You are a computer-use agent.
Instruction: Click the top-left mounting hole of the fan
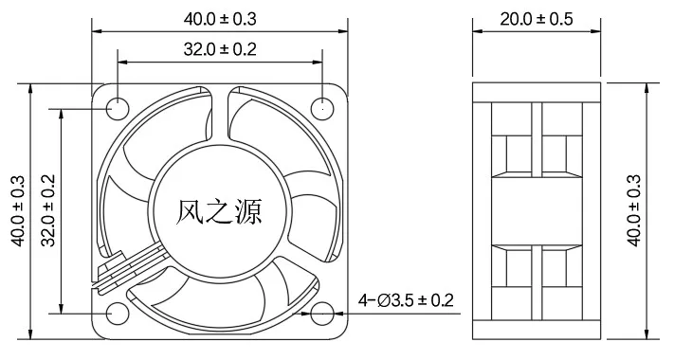[118, 108]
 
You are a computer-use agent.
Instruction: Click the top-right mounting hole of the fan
[322, 108]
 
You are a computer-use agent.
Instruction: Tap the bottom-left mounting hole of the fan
[118, 314]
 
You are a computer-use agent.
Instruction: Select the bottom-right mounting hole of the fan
[322, 314]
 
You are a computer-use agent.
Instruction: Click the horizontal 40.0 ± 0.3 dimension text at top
[220, 19]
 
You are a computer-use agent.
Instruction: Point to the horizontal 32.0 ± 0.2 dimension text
[220, 49]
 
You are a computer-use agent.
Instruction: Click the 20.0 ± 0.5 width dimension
[537, 19]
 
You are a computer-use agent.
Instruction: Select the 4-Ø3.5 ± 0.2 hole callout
[406, 300]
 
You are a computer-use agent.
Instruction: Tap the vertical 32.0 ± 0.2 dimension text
[48, 210]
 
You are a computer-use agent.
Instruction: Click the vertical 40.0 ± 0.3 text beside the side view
[633, 210]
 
